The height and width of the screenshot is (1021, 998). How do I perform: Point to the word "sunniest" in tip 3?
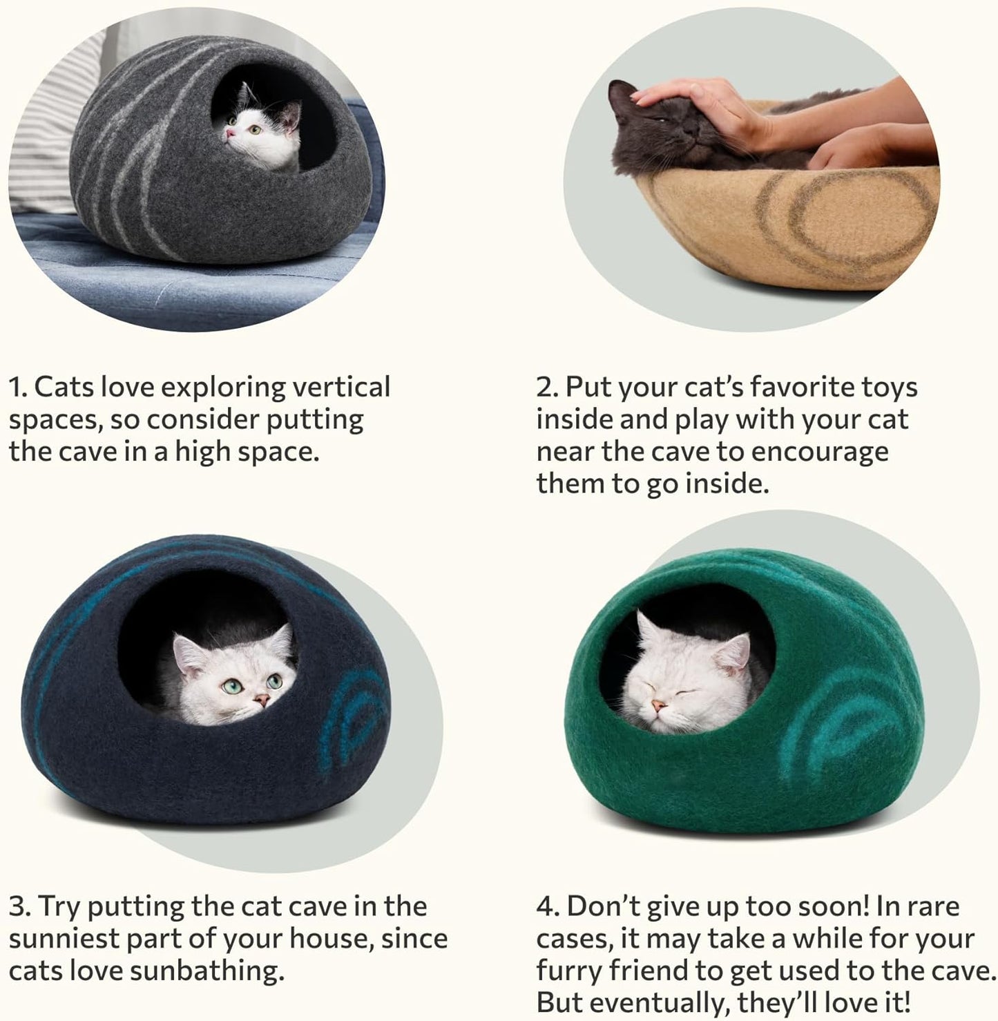[x=59, y=939]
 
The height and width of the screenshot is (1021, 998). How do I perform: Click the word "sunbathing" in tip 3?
[x=207, y=971]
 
